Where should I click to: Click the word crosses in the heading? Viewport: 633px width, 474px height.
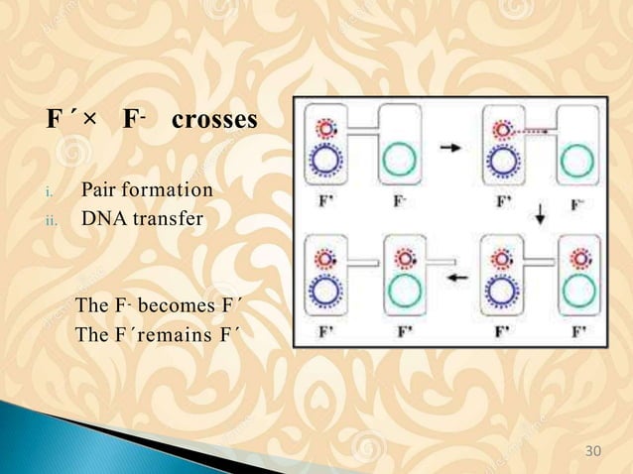pyautogui.click(x=213, y=122)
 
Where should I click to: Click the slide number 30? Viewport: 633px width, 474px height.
pyautogui.click(x=594, y=452)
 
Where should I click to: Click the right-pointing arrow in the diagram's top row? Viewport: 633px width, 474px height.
pyautogui.click(x=449, y=148)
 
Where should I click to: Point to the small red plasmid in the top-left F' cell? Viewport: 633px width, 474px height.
pyautogui.click(x=325, y=129)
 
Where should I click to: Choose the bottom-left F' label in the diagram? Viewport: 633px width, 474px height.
pyautogui.click(x=324, y=330)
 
